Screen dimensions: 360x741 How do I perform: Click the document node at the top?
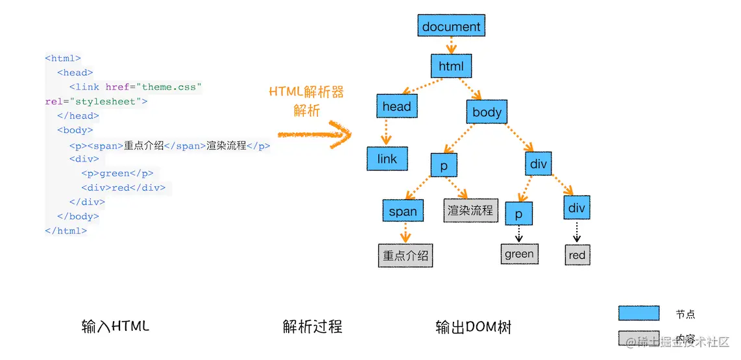(451, 27)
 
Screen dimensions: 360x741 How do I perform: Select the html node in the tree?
(451, 66)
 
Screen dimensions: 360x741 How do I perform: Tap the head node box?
(396, 106)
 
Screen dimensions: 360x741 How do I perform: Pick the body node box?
(487, 112)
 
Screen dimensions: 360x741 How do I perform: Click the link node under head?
(387, 159)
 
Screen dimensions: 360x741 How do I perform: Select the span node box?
(403, 211)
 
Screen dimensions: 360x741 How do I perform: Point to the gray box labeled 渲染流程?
(470, 211)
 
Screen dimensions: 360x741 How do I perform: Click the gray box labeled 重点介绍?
(406, 256)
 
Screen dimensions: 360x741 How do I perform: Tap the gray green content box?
(519, 254)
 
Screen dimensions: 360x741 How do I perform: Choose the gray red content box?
(577, 255)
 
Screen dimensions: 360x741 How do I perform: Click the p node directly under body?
(444, 165)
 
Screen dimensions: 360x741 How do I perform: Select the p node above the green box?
(518, 213)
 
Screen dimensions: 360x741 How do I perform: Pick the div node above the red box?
(576, 208)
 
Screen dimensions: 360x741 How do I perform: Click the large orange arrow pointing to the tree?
(314, 135)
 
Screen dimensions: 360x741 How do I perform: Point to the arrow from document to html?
(452, 45)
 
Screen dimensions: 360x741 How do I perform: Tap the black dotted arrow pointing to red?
(577, 232)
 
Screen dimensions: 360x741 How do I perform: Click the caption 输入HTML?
(115, 326)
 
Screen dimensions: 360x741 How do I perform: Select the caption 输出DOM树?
(474, 328)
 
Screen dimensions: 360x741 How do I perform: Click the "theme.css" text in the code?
(172, 87)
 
